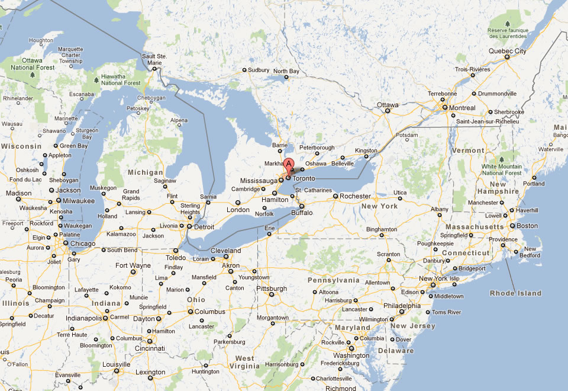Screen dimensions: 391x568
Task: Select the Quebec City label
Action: point(507,52)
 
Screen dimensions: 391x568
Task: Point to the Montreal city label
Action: point(462,108)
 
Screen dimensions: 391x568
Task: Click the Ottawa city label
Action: point(388,105)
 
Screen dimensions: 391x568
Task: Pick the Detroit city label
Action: point(204,227)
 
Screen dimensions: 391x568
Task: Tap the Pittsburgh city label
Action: point(272,289)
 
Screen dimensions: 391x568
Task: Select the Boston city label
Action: point(528,226)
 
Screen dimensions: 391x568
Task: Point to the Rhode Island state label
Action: point(515,293)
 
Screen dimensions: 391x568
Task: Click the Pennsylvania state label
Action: point(334,280)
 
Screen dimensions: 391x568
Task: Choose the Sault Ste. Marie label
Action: point(154,59)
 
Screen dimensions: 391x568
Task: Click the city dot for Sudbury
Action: point(244,70)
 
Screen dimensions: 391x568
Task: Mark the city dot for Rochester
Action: point(335,196)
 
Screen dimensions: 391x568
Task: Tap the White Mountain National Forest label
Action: point(502,170)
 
